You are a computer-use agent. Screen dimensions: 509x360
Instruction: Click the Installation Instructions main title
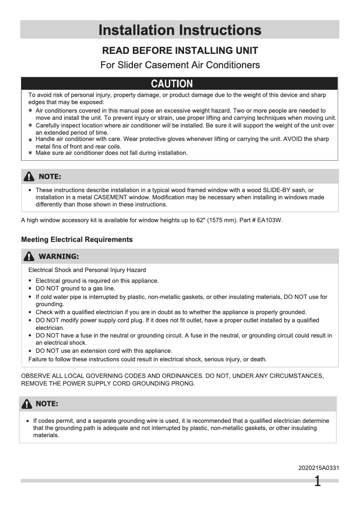pyautogui.click(x=180, y=30)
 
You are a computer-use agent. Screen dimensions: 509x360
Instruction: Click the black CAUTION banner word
pyautogui.click(x=172, y=84)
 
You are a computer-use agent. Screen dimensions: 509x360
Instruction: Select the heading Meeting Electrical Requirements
pyautogui.click(x=77, y=240)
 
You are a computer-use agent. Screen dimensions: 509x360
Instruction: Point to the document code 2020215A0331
pyautogui.click(x=319, y=468)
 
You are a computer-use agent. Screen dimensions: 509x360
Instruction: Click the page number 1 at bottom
pyautogui.click(x=317, y=482)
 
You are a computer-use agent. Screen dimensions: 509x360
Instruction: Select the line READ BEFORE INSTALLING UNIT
pyautogui.click(x=180, y=50)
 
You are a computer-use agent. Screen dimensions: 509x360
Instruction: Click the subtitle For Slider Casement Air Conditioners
pyautogui.click(x=180, y=65)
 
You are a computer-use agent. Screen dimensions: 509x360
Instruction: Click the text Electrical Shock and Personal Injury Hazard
pyautogui.click(x=87, y=270)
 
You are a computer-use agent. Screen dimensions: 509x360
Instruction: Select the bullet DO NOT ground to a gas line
pyautogui.click(x=75, y=289)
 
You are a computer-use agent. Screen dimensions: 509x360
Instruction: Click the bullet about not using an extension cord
pyautogui.click(x=104, y=351)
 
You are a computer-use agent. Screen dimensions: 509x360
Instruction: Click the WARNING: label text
pyautogui.click(x=59, y=257)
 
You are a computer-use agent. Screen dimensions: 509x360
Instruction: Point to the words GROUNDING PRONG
pyautogui.click(x=169, y=384)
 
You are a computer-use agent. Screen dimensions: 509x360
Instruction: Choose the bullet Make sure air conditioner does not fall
pyautogui.click(x=111, y=153)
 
